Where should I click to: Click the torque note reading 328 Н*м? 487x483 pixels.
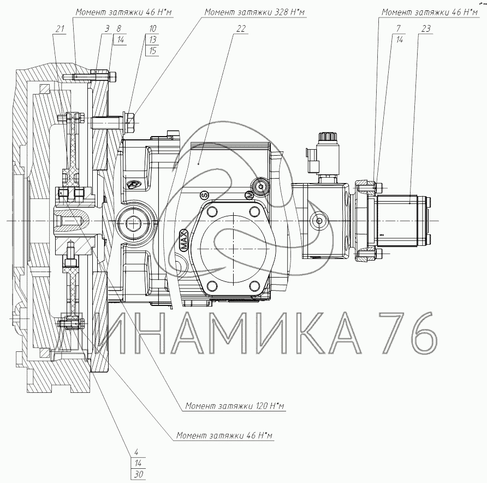click(x=254, y=12)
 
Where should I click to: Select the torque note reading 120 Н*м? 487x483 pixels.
click(x=235, y=406)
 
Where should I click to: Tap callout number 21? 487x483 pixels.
click(x=60, y=29)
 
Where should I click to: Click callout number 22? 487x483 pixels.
click(x=241, y=29)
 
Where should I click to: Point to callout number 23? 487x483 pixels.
click(x=426, y=29)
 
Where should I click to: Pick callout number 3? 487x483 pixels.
click(x=107, y=29)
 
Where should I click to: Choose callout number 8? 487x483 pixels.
click(x=118, y=29)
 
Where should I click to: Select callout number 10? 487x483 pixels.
click(x=152, y=29)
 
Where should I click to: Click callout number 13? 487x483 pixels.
click(x=152, y=40)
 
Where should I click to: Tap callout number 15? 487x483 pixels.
click(x=152, y=51)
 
